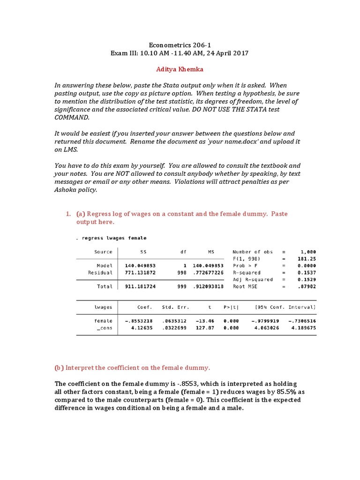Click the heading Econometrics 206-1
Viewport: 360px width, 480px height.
[x=180, y=45]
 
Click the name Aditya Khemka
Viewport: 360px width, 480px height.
[x=180, y=69]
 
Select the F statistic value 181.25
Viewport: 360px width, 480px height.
[x=307, y=259]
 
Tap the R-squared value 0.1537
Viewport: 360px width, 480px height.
[x=307, y=272]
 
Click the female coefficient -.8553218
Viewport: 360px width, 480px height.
[x=139, y=321]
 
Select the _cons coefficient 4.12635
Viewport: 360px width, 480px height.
[x=142, y=328]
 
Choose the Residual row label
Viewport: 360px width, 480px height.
[x=100, y=272]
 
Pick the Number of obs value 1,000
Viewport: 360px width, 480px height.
[x=308, y=252]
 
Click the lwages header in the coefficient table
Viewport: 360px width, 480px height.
[x=103, y=307]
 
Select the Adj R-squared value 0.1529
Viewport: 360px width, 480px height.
[x=307, y=279]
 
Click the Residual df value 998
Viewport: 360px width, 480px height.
[x=181, y=272]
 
